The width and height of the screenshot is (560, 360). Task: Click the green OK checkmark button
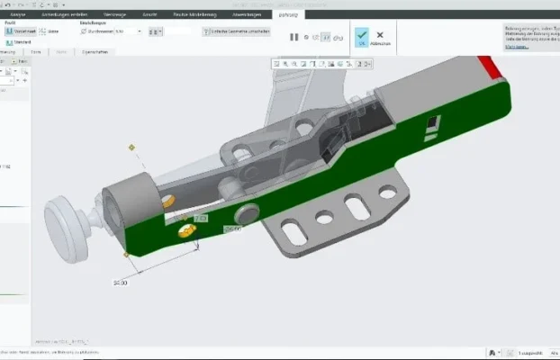tap(361, 35)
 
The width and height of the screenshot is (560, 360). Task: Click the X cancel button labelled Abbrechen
tap(381, 35)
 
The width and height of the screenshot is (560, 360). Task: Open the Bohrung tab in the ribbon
tap(288, 14)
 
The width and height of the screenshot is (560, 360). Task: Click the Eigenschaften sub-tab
tap(95, 52)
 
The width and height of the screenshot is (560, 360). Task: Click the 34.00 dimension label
tap(121, 283)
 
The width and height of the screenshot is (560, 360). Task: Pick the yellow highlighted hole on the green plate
tap(188, 231)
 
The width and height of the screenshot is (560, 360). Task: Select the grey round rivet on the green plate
tap(246, 214)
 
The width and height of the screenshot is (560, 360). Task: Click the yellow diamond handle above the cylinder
tap(131, 147)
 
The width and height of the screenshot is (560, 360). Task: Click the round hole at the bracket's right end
tap(388, 192)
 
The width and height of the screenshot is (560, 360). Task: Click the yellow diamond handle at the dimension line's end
tap(126, 256)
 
